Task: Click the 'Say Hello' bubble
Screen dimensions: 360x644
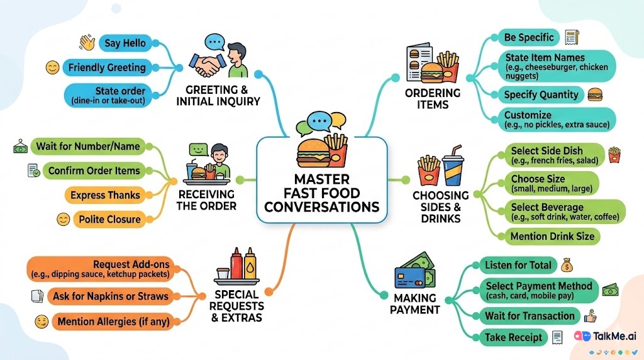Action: (x=125, y=43)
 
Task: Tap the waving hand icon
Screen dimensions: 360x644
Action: (x=86, y=43)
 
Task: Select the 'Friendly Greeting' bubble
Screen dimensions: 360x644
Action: (x=106, y=67)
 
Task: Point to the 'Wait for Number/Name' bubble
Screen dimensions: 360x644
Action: (x=87, y=147)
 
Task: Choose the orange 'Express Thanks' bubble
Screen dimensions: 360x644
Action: (x=105, y=195)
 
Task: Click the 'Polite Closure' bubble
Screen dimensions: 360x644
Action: (x=109, y=219)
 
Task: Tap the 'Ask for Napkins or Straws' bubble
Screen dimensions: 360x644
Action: (x=110, y=296)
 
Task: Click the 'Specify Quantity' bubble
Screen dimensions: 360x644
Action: (x=541, y=95)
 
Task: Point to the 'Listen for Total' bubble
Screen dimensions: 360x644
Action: (x=518, y=265)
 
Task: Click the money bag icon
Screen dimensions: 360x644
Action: (x=565, y=264)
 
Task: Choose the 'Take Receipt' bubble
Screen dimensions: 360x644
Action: (x=513, y=337)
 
